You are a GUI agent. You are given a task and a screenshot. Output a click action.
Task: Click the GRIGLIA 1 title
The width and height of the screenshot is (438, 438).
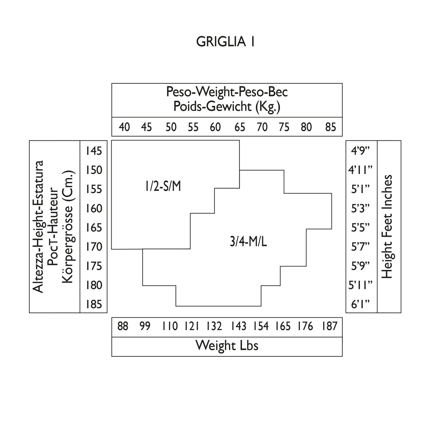(x=226, y=42)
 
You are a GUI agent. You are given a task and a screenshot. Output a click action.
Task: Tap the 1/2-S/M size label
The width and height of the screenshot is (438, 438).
(x=163, y=187)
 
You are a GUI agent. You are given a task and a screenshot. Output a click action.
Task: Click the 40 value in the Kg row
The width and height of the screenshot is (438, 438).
(x=124, y=127)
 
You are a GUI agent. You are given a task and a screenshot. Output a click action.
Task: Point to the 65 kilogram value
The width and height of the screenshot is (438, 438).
(x=240, y=127)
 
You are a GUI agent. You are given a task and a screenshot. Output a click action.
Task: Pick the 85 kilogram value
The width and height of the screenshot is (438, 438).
(x=330, y=127)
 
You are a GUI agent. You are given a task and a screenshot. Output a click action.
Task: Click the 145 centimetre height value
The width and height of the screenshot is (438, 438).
(x=94, y=151)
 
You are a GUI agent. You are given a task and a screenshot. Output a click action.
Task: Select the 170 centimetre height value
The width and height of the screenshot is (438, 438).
(x=94, y=247)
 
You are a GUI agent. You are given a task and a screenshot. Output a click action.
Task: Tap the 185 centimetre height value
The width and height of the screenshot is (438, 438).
(x=94, y=304)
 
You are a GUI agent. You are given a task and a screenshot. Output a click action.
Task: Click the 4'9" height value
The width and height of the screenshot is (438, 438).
(x=361, y=151)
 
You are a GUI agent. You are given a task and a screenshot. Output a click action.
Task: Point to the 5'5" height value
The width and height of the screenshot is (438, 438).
(x=361, y=228)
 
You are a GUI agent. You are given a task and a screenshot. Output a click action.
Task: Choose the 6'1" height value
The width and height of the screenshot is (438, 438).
(x=361, y=304)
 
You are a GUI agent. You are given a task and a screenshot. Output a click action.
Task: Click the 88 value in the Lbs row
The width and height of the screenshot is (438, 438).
(x=123, y=326)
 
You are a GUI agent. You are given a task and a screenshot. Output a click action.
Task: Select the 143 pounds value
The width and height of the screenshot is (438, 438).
(x=238, y=326)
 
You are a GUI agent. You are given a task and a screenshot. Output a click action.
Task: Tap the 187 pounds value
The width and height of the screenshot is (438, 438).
(x=330, y=326)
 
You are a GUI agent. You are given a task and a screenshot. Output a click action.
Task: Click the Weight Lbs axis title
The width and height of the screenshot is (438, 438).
(x=227, y=346)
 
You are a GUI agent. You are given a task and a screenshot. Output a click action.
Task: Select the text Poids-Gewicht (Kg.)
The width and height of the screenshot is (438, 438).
(x=227, y=106)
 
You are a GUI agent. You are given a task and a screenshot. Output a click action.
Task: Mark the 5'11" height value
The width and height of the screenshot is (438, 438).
(x=361, y=285)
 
